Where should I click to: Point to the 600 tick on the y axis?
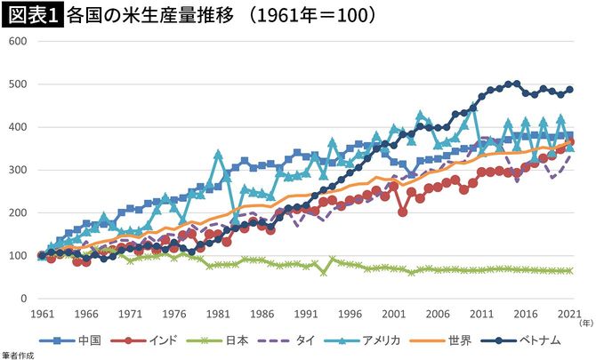[x=18, y=42]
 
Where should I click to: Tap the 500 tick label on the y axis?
[x=18, y=84]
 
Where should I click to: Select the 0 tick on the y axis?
[x=24, y=299]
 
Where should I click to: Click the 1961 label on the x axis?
[x=41, y=315]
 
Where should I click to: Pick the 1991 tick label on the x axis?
[x=305, y=315]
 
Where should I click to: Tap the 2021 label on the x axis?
[x=569, y=315]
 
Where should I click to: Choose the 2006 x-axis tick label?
[x=437, y=315]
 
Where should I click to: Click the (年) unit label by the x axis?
[x=585, y=324]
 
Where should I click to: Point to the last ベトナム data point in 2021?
[x=569, y=90]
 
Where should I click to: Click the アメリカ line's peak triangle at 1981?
[x=217, y=154]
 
